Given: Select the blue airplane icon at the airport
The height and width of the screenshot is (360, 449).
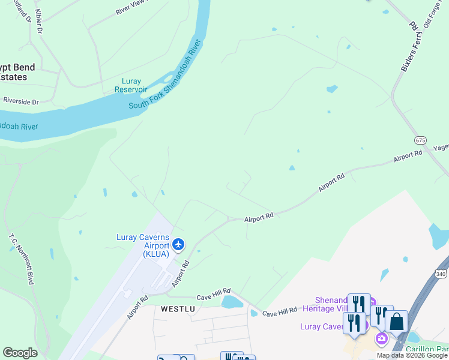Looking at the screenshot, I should (178, 244).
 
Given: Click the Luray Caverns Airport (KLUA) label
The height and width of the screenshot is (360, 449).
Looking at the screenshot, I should (142, 245).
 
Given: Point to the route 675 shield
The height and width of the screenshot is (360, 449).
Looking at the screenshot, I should (420, 140).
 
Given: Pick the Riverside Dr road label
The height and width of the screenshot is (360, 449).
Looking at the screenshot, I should (20, 102).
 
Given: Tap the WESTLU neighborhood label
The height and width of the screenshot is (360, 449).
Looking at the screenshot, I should (178, 309).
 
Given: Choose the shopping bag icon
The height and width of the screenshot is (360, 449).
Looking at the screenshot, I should (396, 322).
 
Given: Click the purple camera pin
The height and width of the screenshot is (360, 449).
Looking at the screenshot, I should (381, 339).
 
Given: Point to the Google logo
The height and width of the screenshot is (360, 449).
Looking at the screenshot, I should (20, 353).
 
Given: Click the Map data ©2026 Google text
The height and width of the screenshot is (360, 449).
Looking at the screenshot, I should (412, 355).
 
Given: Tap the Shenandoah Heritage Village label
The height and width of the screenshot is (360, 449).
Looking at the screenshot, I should (331, 304).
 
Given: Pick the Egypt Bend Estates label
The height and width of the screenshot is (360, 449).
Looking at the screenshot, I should (17, 72).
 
